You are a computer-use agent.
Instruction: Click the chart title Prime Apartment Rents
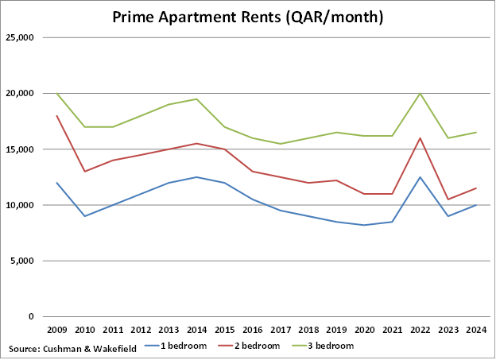click(248, 17)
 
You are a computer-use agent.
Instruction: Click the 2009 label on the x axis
click(57, 329)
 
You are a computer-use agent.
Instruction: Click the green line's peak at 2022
click(420, 94)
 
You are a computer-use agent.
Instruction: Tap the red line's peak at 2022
click(420, 138)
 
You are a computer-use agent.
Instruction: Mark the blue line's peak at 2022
click(420, 177)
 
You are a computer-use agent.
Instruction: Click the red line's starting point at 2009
click(57, 116)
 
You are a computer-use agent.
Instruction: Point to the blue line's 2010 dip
click(84, 216)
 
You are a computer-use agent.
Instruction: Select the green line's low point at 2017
click(281, 144)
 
